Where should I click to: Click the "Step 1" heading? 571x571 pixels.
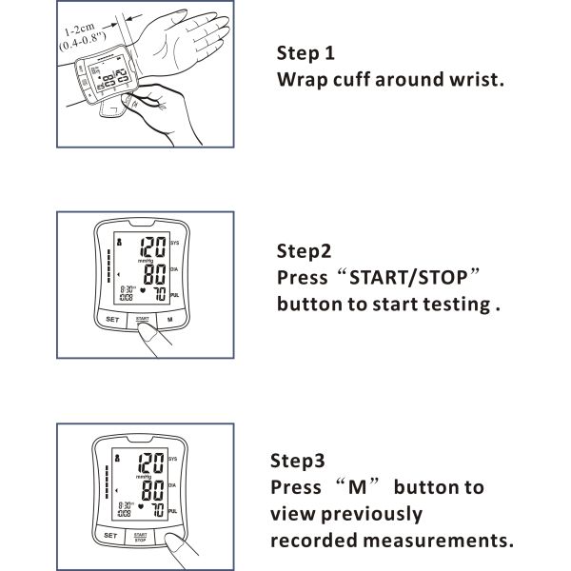click(305, 52)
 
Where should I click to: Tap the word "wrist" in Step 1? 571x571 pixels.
click(470, 79)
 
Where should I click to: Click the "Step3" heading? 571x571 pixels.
click(298, 461)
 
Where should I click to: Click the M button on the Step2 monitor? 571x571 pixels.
click(168, 320)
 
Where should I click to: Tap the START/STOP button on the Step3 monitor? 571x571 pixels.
click(140, 537)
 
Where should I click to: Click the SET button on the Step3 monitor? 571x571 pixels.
click(110, 537)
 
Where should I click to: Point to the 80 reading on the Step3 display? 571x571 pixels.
click(150, 491)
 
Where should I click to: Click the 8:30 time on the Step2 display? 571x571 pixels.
click(125, 291)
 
